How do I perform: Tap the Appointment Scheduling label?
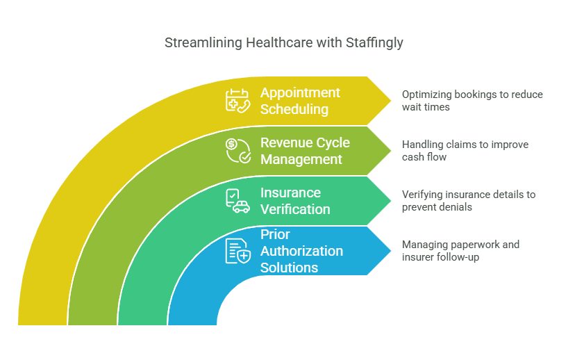[300, 101]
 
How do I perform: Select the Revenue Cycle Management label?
[305, 151]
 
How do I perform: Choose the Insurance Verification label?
[295, 201]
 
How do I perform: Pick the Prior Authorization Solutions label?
[301, 251]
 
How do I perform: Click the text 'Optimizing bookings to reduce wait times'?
[472, 101]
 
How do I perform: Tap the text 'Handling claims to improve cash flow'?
[465, 151]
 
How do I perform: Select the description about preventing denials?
[469, 201]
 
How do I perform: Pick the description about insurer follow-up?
[461, 251]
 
